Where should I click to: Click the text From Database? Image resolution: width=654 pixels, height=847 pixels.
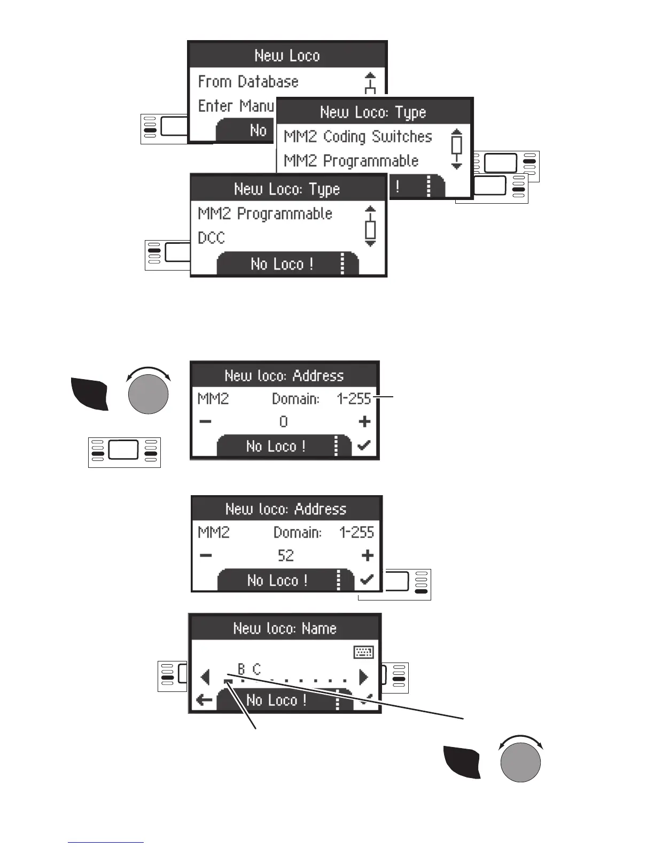point(248,82)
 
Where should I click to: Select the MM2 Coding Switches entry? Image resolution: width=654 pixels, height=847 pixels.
point(357,137)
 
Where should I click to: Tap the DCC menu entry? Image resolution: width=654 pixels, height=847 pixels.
point(212,238)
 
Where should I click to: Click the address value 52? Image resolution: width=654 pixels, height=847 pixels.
point(285,556)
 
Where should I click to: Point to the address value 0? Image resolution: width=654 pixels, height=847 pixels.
point(283,422)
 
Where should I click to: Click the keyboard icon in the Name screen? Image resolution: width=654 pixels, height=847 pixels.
point(364,652)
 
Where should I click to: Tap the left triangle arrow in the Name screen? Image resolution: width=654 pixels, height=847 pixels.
point(205,677)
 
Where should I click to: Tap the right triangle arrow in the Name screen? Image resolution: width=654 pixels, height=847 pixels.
point(364,677)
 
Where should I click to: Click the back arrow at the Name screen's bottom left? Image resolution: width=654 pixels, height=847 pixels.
point(204,700)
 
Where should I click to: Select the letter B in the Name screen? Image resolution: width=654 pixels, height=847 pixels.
point(242,669)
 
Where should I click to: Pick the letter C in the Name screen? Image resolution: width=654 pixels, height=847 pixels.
point(257,669)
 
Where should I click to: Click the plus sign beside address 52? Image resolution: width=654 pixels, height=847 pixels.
point(367,556)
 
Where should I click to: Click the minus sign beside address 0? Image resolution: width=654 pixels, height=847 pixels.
point(205,422)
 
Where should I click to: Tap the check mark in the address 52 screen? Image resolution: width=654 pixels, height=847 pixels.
point(367,580)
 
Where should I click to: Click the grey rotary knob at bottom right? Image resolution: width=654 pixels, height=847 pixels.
point(520,762)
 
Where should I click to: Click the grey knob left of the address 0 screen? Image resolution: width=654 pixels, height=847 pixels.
point(149,394)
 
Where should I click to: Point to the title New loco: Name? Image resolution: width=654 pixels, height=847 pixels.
point(285,628)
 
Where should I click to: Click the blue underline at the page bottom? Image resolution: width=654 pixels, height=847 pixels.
point(106,843)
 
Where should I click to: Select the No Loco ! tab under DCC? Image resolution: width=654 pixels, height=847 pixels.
point(282,264)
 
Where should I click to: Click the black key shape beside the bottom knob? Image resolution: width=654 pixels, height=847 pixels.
point(462,762)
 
